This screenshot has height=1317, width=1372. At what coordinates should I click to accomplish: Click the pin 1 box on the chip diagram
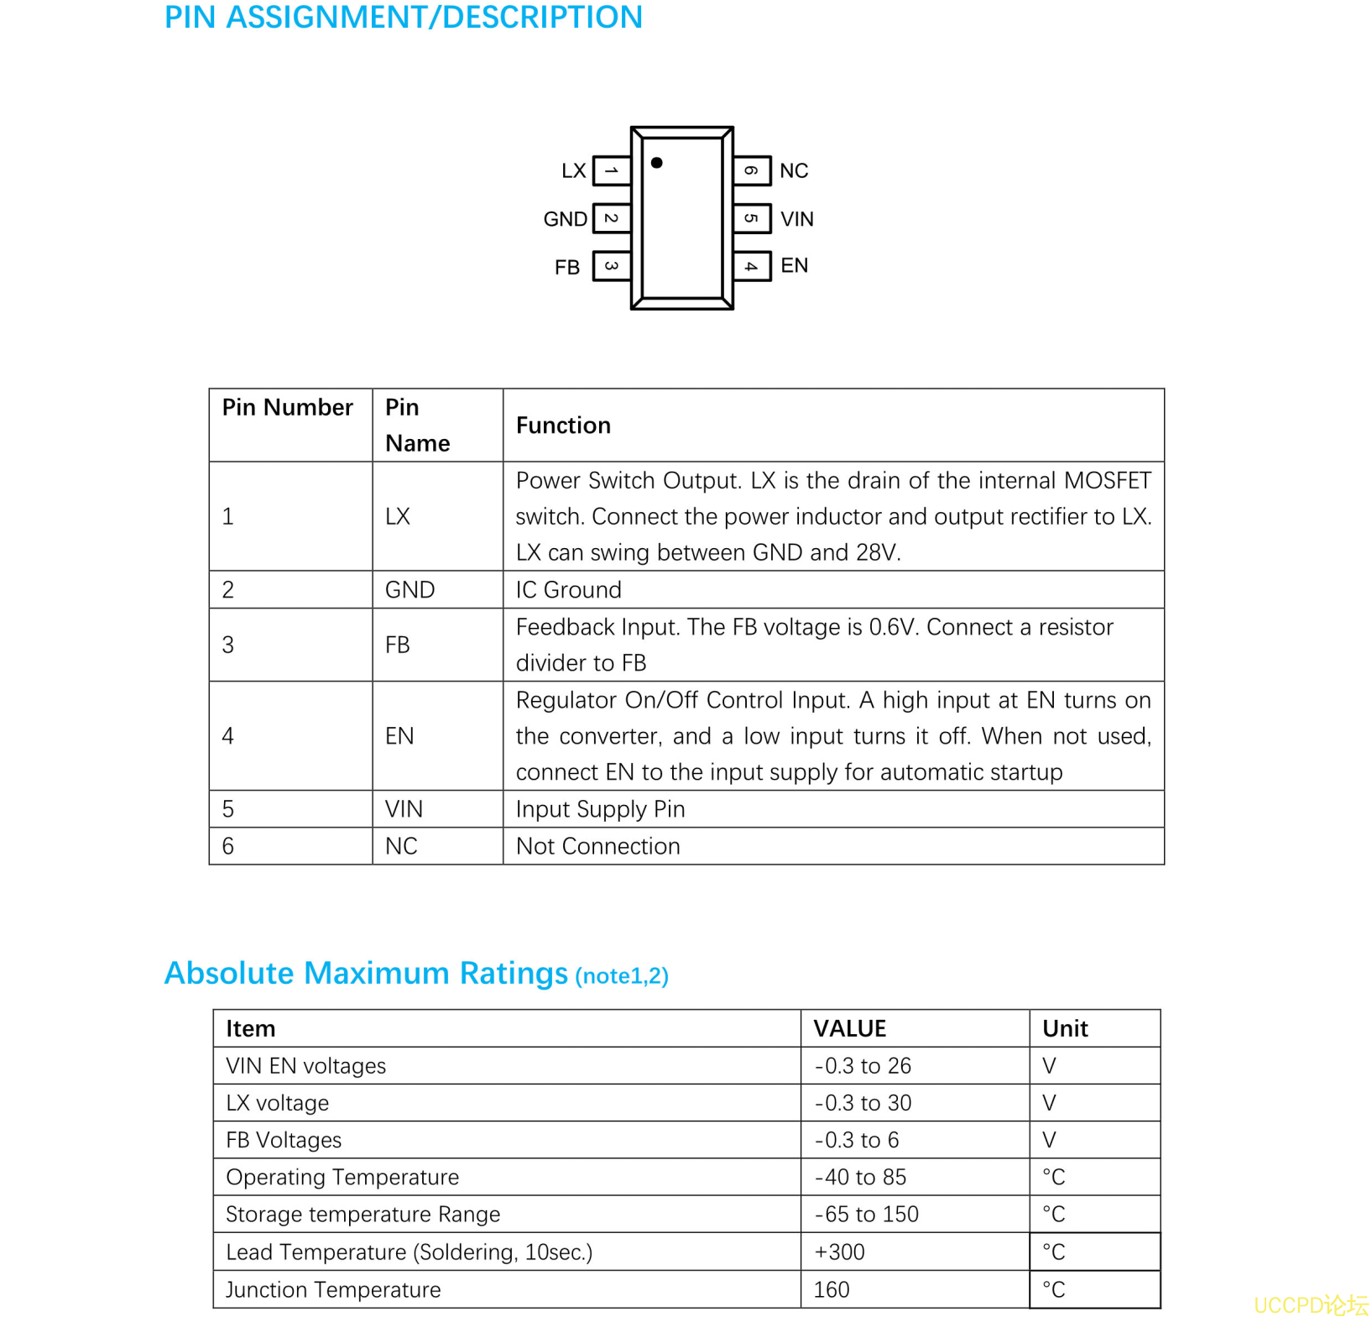pos(611,170)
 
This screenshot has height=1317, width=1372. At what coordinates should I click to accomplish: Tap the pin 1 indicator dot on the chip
pos(656,163)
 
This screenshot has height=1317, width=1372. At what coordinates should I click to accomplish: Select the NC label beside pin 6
pos(793,171)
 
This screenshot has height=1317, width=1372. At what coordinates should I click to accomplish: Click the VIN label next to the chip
pos(796,219)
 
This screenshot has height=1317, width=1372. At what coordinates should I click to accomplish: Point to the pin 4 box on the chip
pos(752,267)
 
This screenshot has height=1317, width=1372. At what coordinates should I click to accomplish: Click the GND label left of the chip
pos(565,219)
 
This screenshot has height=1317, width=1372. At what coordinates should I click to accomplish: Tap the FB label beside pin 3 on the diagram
pos(566,268)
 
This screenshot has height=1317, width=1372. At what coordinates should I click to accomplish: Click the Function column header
pos(563,426)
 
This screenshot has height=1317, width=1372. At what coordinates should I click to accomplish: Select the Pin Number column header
pos(287,407)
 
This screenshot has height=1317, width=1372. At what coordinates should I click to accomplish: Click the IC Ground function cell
pos(568,589)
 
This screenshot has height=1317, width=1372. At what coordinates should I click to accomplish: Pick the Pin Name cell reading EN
pos(399,736)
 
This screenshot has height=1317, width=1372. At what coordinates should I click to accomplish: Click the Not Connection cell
pos(597,846)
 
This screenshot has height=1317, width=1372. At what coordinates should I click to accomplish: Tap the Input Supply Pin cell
pos(600,809)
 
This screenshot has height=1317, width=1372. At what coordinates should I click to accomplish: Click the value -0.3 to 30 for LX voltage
pos(863,1103)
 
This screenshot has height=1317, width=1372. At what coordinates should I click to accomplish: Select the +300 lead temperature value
pos(839,1252)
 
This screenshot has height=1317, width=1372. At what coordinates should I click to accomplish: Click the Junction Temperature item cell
pos(333,1289)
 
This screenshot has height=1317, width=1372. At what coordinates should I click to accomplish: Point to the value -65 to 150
pos(866,1215)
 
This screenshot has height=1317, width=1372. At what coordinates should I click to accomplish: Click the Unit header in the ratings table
pos(1064,1028)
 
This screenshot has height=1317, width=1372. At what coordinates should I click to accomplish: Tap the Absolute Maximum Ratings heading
pos(367,973)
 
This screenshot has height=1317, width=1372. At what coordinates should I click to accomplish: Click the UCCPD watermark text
pos(1310,1304)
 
